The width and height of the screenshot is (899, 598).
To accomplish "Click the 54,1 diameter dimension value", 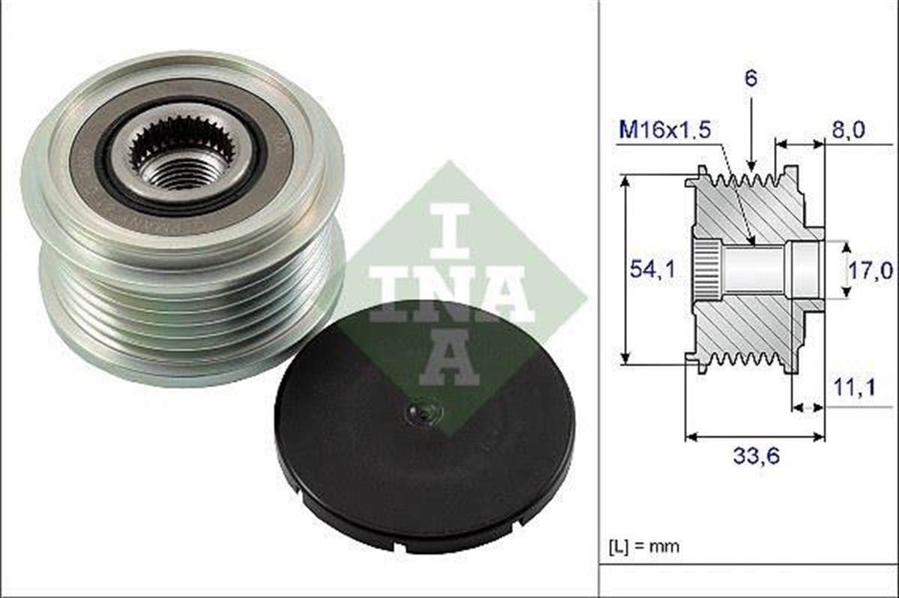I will pyautogui.click(x=651, y=270).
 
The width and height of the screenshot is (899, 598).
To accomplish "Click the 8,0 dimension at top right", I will pyautogui.click(x=848, y=130).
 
